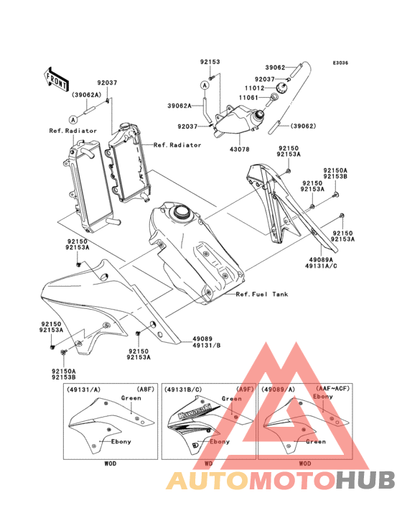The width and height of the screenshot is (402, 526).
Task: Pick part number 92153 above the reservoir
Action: pyautogui.click(x=210, y=63)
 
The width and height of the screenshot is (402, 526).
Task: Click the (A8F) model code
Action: pyautogui.click(x=144, y=389)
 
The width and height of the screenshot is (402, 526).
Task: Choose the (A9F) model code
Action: pyautogui.click(x=243, y=389)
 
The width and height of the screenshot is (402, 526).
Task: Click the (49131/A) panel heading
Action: pyautogui.click(x=84, y=389)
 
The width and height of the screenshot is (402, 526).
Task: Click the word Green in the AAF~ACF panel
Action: pyautogui.click(x=316, y=442)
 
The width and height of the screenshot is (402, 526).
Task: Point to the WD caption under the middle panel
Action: pyautogui.click(x=208, y=463)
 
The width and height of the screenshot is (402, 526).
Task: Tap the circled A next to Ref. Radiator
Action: pyautogui.click(x=73, y=117)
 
